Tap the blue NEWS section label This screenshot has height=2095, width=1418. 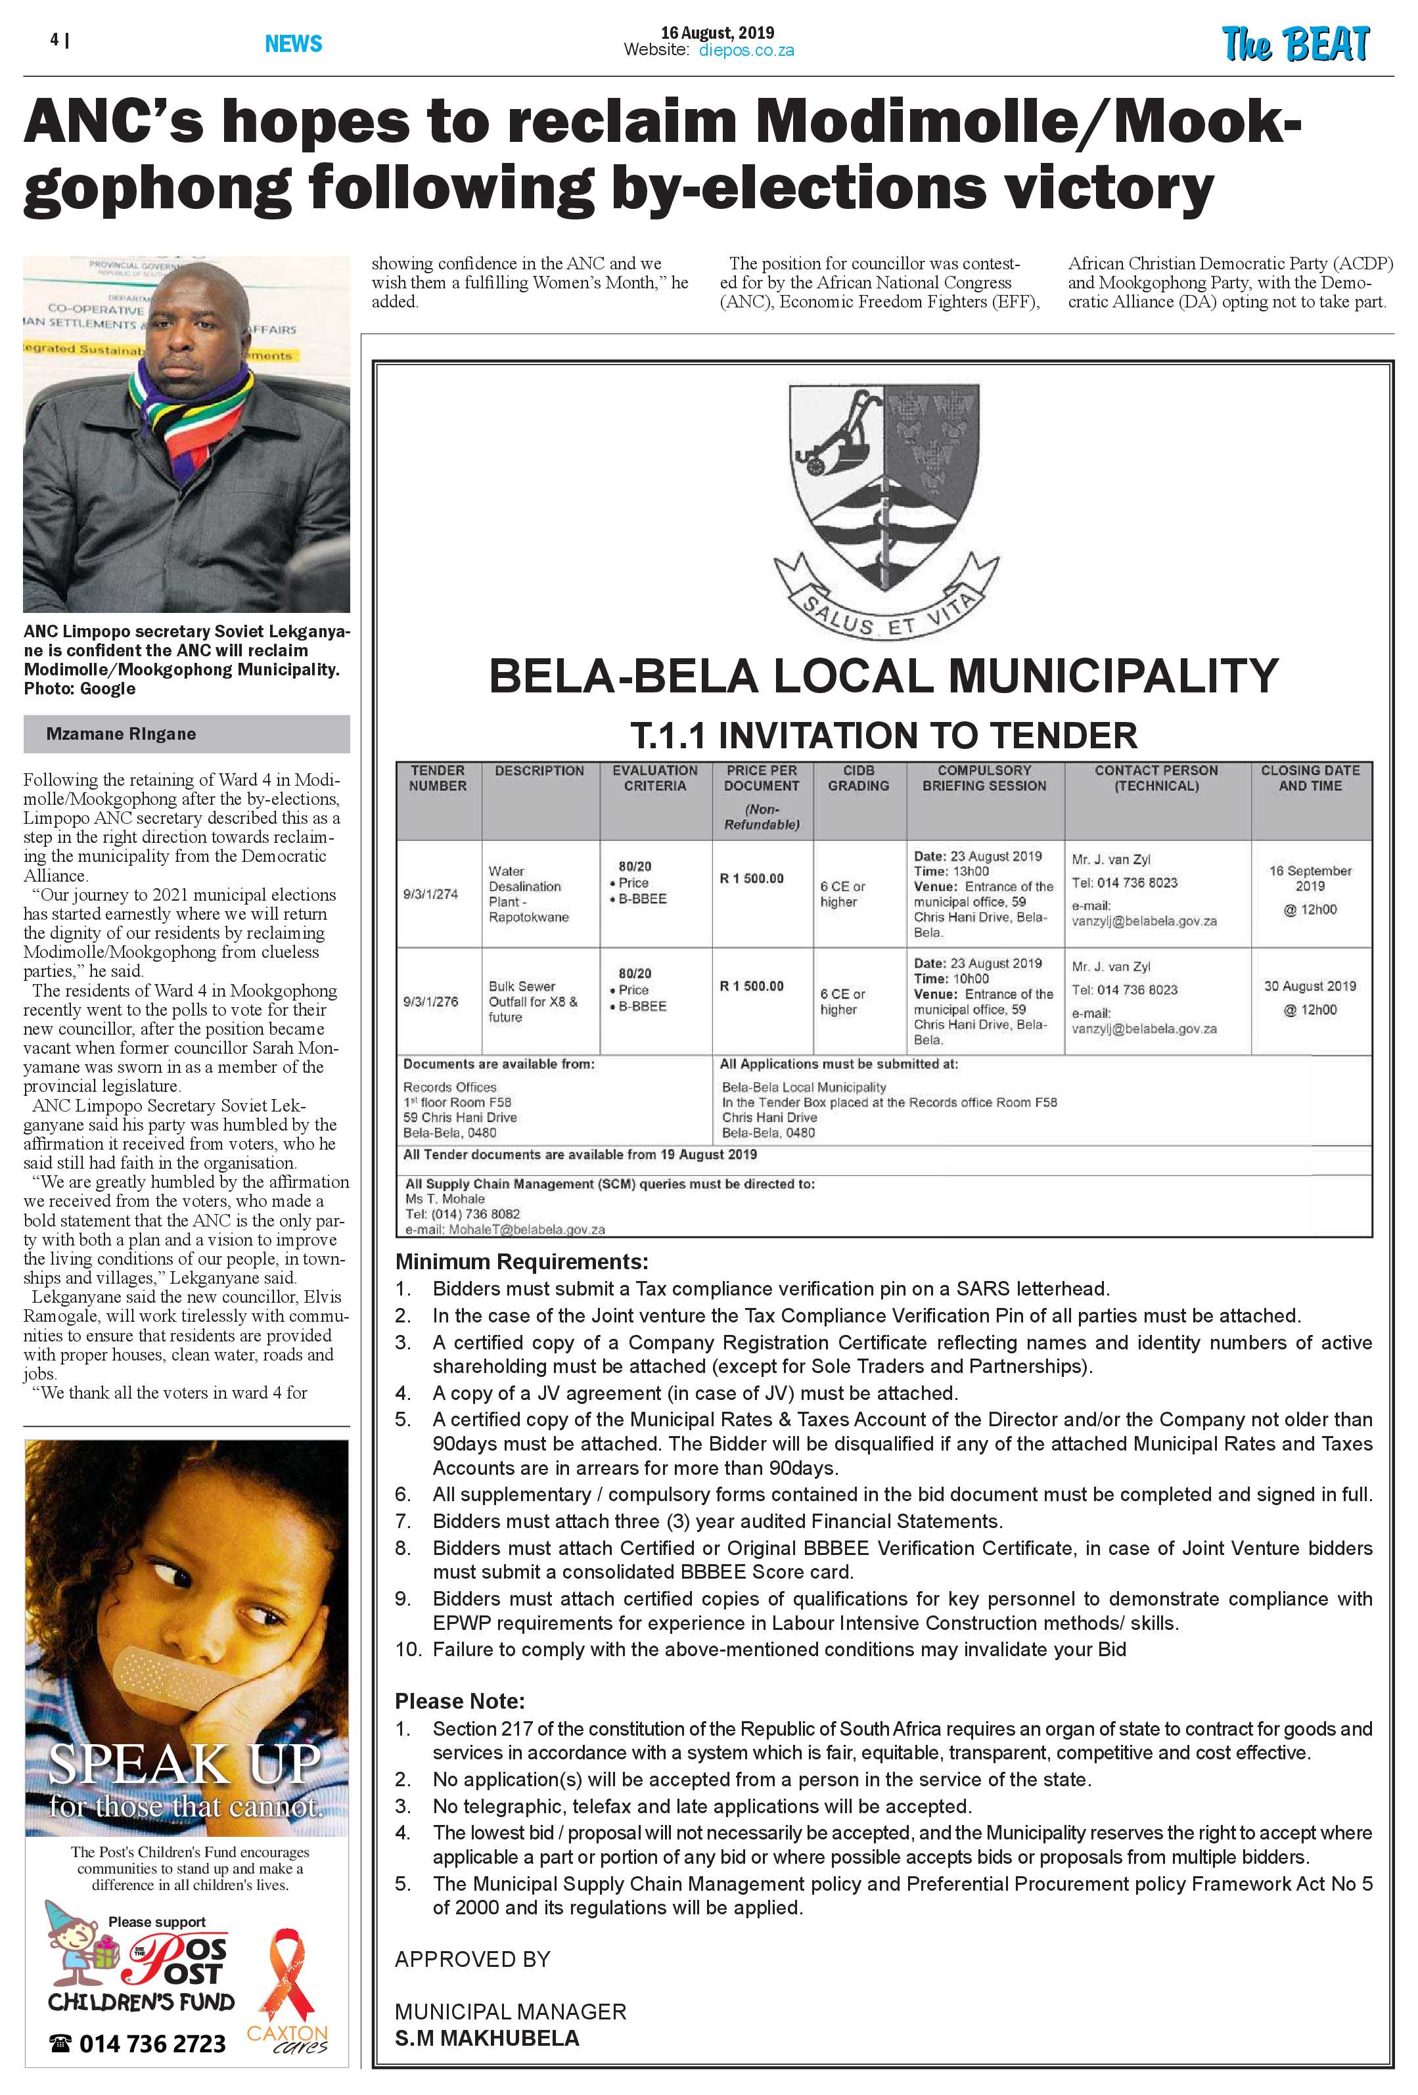click(293, 43)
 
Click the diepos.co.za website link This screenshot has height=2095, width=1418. click(746, 51)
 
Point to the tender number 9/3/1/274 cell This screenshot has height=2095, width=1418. click(431, 893)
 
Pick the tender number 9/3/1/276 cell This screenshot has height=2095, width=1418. click(431, 1001)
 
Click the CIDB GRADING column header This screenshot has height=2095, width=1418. click(858, 778)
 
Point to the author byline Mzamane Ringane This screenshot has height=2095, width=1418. click(121, 734)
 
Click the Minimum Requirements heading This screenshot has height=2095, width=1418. click(521, 1261)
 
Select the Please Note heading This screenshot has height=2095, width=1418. click(460, 1701)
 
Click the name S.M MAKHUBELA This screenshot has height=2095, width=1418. click(487, 2039)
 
